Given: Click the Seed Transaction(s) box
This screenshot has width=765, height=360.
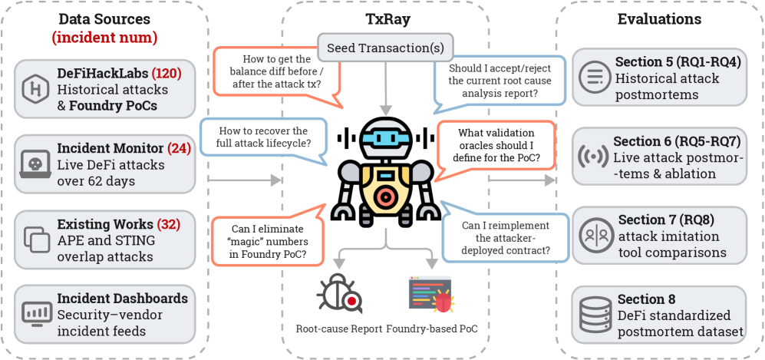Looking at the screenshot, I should click(x=385, y=48).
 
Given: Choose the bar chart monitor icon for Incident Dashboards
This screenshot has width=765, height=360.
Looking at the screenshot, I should click(x=35, y=312).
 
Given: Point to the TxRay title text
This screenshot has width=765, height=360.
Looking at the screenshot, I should click(x=385, y=18).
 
